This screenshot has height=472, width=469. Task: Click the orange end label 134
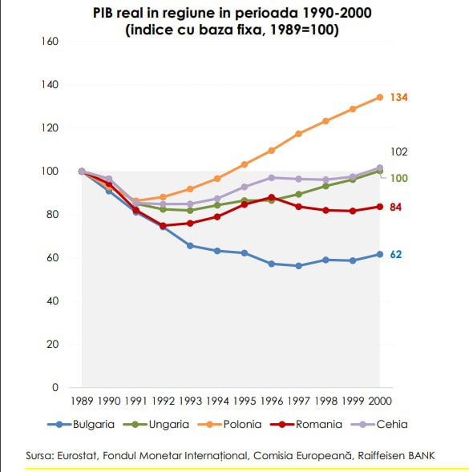398,98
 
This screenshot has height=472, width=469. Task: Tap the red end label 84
395,207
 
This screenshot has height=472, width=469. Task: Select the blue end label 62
396,255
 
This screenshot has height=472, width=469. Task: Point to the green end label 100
398,178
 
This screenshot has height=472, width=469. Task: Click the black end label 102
398,151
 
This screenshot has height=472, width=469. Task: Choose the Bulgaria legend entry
81,425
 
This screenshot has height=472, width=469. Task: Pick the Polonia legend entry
229,425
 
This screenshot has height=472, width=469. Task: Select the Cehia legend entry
379,425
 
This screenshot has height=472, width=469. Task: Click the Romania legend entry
306,425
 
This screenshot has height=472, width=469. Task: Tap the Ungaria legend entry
156,425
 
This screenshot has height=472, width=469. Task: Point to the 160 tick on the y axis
50,41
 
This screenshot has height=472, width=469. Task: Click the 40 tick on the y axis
52,301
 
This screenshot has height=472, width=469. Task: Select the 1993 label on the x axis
190,401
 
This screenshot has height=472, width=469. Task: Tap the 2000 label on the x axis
380,401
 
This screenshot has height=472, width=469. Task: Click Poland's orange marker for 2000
380,97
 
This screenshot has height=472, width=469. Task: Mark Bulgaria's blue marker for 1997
298,266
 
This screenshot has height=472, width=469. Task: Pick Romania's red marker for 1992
163,225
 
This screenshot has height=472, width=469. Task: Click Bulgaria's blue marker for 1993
190,246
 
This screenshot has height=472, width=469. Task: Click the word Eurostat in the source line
77,455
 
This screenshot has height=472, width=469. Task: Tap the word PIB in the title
102,14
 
